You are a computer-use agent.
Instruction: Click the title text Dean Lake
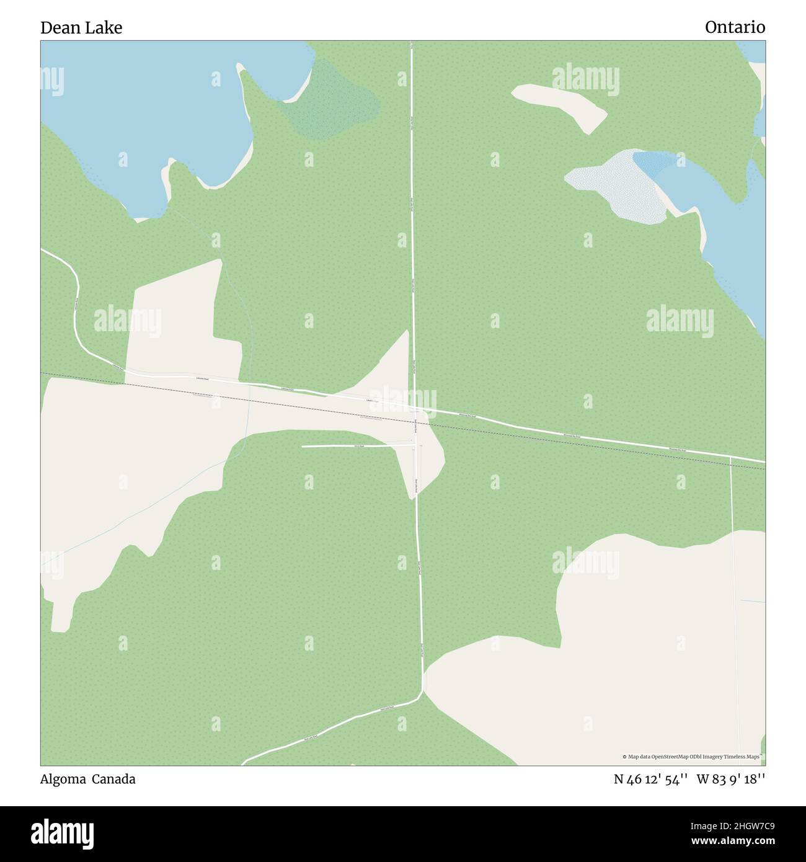click(x=81, y=28)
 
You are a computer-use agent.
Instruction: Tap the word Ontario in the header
click(x=735, y=28)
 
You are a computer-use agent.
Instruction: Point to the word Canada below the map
click(x=114, y=779)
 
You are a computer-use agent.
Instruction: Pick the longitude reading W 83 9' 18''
click(x=730, y=779)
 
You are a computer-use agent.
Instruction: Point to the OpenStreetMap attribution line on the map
click(x=693, y=757)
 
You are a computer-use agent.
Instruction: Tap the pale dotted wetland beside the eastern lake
click(x=614, y=186)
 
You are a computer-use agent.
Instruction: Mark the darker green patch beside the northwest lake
click(x=335, y=102)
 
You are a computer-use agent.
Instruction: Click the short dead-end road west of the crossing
click(x=353, y=446)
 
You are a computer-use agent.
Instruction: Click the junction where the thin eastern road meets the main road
click(x=730, y=457)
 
